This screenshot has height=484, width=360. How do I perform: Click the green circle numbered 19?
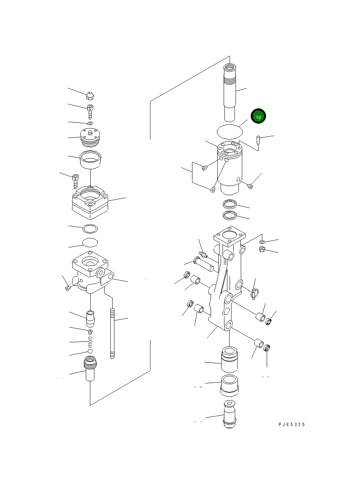[x=258, y=117]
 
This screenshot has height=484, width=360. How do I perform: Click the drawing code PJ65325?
[x=291, y=424]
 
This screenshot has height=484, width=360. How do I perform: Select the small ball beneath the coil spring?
[x=90, y=351]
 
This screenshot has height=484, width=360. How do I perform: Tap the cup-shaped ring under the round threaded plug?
[x=91, y=160]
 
